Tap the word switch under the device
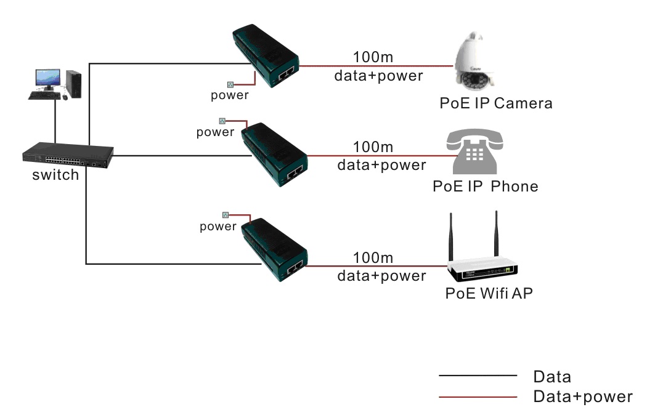55,175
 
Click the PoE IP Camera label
495,103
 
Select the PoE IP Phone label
485,186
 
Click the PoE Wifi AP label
489,293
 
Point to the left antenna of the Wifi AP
452,237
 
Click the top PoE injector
265,55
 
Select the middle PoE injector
274,153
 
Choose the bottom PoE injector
274,249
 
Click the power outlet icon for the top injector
231,84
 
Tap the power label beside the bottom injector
218,227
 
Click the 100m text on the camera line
373,57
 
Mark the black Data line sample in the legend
478,375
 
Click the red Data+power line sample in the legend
478,397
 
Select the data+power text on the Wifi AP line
381,275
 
